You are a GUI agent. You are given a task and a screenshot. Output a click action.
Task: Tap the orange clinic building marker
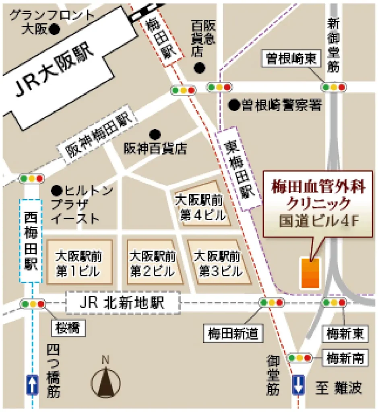310,274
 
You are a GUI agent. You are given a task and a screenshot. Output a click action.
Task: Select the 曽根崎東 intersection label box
292,59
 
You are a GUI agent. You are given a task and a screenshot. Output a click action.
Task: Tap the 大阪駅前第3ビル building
217,262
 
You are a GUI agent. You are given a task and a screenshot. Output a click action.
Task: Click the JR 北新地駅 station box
122,303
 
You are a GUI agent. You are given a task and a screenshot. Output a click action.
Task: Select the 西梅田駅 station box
31,241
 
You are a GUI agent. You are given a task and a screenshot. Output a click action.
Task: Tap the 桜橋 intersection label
68,330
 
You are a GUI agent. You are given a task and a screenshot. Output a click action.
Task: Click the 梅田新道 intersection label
233,333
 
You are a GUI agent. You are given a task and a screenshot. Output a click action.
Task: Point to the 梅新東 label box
345,333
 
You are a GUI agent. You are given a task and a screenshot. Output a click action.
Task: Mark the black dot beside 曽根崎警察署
233,105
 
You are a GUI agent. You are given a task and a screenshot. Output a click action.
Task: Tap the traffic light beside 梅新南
299,357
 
